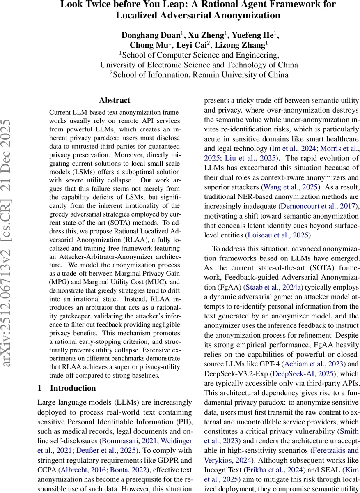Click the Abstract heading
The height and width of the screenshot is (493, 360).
point(115,100)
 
